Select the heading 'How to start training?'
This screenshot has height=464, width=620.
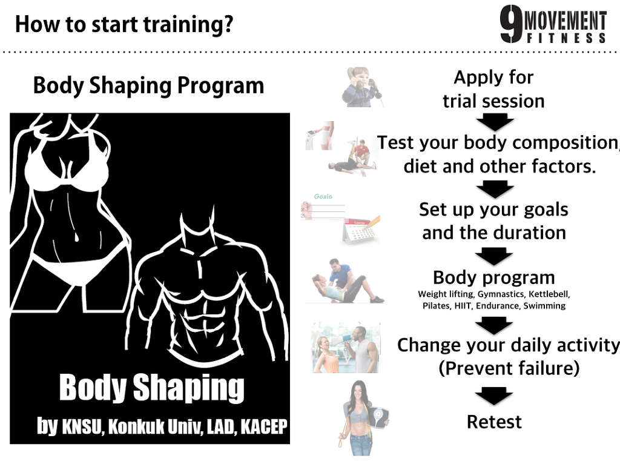point(124,24)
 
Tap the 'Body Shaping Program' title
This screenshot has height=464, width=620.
point(148,85)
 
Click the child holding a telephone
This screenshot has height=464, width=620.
point(361,87)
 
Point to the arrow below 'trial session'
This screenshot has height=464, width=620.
point(494,121)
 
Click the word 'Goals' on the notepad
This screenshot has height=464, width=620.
point(323,196)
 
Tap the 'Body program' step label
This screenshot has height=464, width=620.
point(494,277)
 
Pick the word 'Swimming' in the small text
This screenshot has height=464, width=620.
point(544,306)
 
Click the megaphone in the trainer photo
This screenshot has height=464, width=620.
point(343,340)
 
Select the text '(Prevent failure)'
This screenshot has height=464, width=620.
point(509,368)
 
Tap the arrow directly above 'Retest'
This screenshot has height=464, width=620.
point(494,396)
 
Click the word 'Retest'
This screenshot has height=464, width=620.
point(494,422)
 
